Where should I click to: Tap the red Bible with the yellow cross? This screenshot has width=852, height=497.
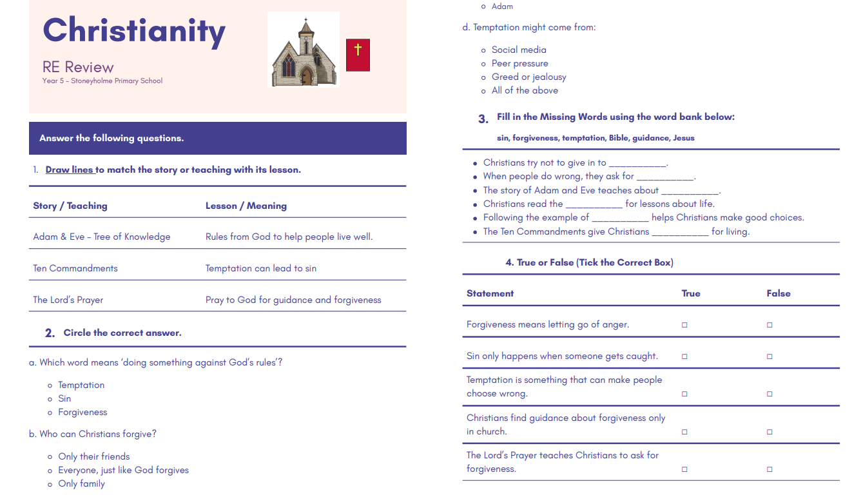[x=358, y=55]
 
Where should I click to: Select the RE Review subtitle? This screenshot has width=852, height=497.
[x=78, y=67]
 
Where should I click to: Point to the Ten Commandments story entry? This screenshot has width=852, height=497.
[x=75, y=268]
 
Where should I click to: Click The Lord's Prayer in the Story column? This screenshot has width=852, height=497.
[x=68, y=300]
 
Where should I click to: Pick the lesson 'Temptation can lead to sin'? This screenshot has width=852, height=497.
[x=261, y=268]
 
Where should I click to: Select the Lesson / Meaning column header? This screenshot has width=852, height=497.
[x=246, y=206]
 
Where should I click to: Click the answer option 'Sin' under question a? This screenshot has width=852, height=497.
[x=64, y=398]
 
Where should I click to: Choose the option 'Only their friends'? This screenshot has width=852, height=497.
[x=94, y=456]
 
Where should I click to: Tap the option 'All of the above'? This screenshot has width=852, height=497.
[x=525, y=90]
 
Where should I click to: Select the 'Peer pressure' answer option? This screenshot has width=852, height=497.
[x=519, y=63]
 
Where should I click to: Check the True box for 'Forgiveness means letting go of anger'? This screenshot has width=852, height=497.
[x=684, y=325]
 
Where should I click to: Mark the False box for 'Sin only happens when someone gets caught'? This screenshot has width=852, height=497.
[x=770, y=356]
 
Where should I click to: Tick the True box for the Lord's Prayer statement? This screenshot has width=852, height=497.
[x=684, y=469]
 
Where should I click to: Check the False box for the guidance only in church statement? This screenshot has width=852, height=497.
[x=770, y=432]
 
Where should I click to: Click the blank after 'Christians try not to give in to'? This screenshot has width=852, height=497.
[x=637, y=163]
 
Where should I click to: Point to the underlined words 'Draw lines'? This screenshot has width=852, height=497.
[x=70, y=170]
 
